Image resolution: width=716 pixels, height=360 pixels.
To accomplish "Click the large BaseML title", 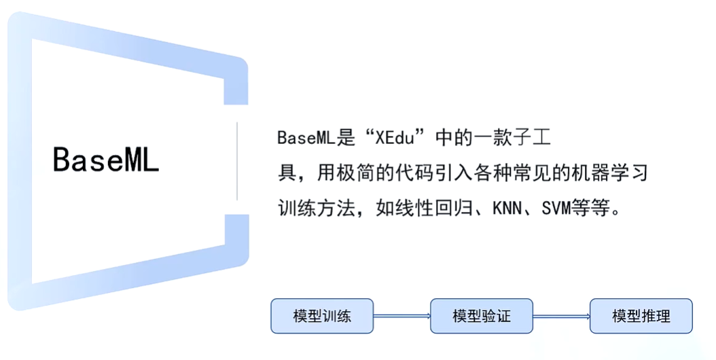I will [x=106, y=160].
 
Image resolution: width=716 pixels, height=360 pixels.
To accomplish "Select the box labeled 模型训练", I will [x=322, y=316].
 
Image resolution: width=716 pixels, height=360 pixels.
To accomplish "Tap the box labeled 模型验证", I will [x=481, y=316].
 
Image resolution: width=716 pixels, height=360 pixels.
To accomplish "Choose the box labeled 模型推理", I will [x=641, y=316].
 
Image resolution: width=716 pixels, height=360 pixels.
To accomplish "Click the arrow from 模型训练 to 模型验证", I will [x=401, y=316].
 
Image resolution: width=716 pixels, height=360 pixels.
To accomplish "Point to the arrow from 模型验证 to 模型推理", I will [x=561, y=316].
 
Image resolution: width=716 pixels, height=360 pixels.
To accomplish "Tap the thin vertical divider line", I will [x=237, y=161].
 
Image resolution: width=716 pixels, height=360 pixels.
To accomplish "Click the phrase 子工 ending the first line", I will [x=534, y=138].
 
